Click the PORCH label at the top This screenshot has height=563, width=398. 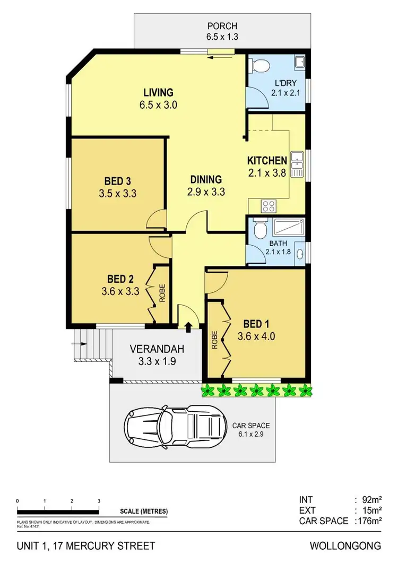click(x=222, y=26)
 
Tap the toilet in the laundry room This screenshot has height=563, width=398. click(x=260, y=66)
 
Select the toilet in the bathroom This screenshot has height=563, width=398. click(x=259, y=229)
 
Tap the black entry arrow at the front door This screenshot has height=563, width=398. click(x=188, y=326)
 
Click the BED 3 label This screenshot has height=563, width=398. click(x=117, y=179)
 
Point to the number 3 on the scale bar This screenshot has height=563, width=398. click(x=99, y=501)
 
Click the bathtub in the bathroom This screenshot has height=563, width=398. click(x=288, y=229)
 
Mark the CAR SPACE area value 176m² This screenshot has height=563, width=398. click(x=369, y=521)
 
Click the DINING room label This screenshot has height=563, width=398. click(x=206, y=179)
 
